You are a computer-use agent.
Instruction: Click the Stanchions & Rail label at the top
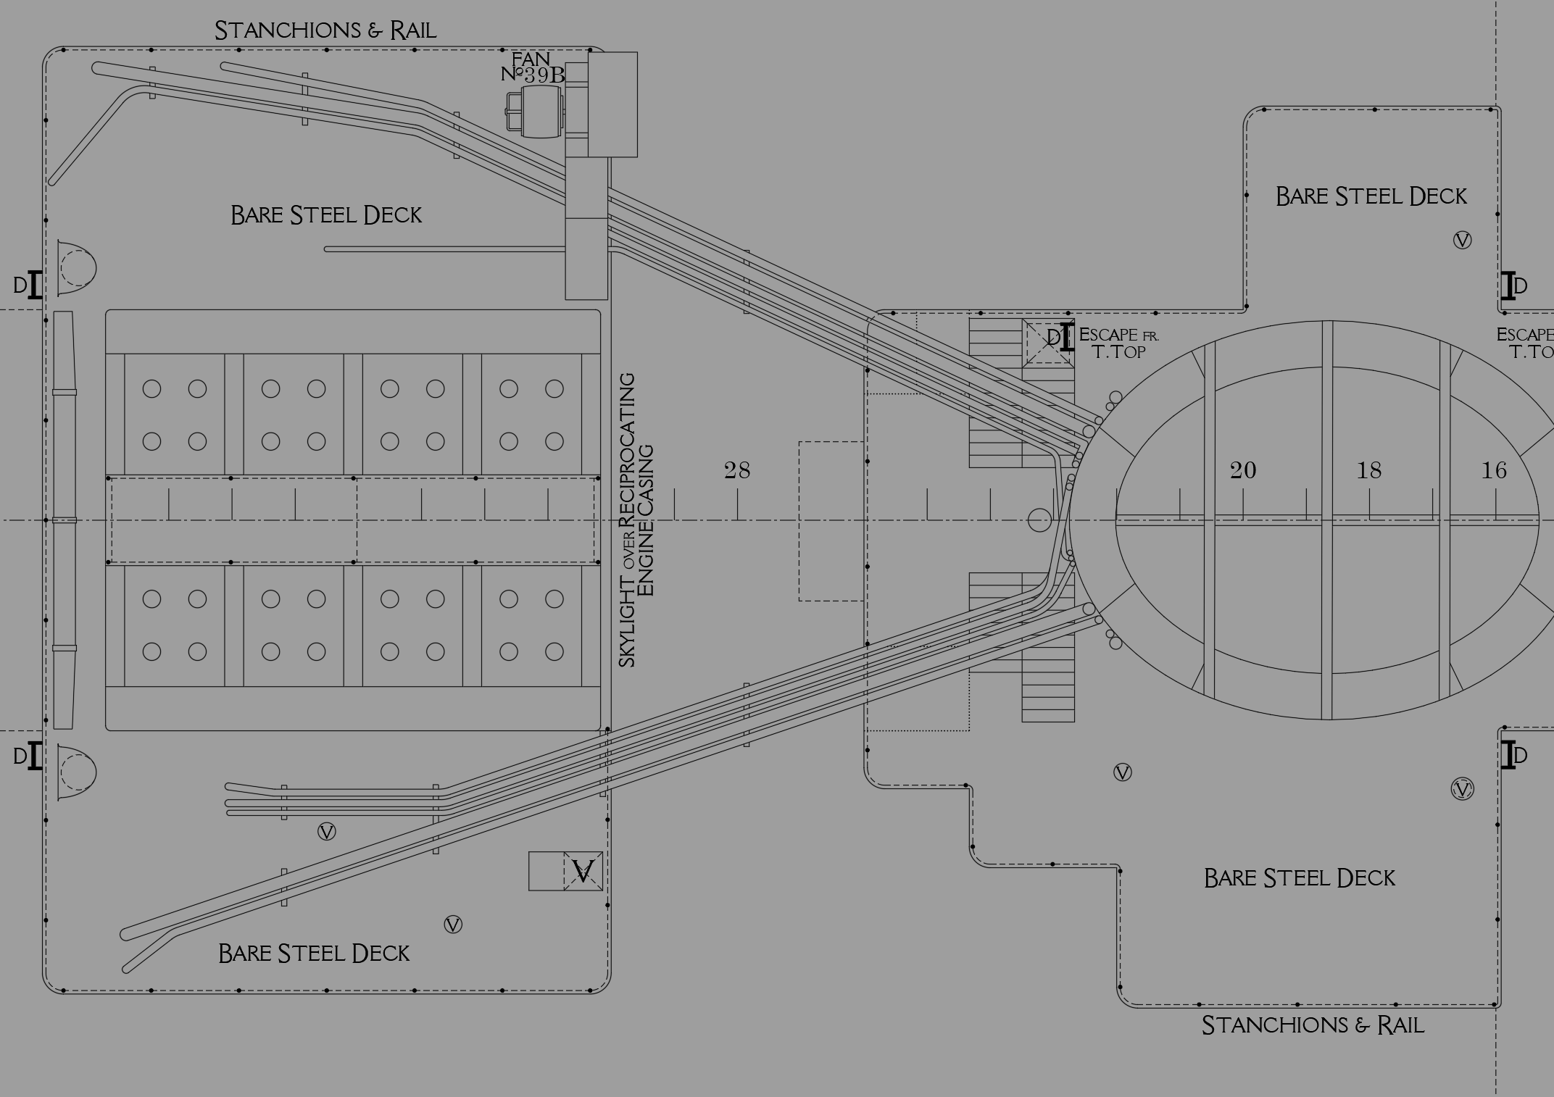[x=325, y=30]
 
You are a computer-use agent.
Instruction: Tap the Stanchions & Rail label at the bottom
[x=1313, y=1025]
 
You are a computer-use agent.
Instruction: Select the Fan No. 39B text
[x=533, y=67]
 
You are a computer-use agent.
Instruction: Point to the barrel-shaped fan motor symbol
[x=536, y=112]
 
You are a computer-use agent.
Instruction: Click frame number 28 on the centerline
[x=737, y=471]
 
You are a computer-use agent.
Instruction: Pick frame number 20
[x=1242, y=471]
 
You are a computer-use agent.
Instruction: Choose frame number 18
[x=1368, y=471]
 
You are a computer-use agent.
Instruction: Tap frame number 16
[x=1494, y=471]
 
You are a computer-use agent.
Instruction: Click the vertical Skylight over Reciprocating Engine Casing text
[x=636, y=520]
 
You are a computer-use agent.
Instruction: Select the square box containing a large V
[x=583, y=871]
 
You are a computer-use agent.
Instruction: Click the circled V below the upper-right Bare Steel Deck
[x=1463, y=241]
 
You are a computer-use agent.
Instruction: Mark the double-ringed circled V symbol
[x=1463, y=790]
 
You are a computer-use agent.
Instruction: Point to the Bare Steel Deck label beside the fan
[x=326, y=215]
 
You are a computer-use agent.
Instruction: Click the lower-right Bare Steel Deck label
[x=1299, y=878]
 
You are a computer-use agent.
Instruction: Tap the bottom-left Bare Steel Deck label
[x=314, y=953]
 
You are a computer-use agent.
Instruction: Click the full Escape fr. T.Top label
[x=1118, y=343]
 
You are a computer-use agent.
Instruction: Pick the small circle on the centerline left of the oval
[x=1039, y=520]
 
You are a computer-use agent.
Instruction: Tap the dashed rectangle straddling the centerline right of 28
[x=832, y=521]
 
